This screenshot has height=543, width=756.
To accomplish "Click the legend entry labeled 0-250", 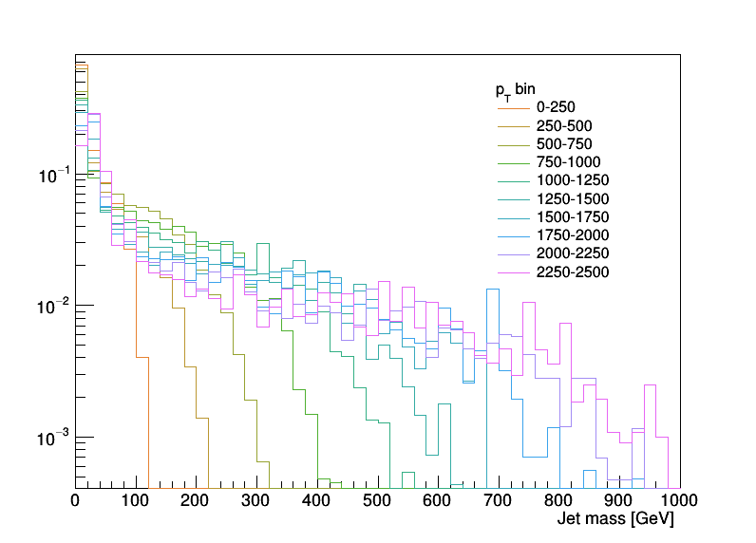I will [556, 108].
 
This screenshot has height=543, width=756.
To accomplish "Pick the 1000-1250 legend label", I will [572, 180].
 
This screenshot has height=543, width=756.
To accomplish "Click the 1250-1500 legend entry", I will [572, 199].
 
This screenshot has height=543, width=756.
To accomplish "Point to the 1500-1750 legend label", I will [572, 217].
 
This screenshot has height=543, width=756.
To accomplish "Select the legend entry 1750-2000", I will [572, 235].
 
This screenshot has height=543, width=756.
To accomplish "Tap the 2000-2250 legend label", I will [572, 253].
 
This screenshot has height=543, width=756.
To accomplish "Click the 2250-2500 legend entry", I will [572, 271].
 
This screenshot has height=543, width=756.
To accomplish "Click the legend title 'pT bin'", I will [516, 90].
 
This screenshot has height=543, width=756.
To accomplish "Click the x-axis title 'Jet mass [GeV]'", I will [614, 520].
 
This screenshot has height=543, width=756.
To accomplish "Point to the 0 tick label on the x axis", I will [76, 501].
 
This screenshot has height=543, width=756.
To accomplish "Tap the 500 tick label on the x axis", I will [377, 501].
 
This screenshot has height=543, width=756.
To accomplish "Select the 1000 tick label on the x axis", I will [678, 501].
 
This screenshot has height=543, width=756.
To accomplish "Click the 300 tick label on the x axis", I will [256, 501].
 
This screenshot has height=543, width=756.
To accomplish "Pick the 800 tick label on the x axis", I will [558, 501].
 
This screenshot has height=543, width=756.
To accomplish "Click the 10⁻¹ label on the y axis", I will [51, 176].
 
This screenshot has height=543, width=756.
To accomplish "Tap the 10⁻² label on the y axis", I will [51, 307].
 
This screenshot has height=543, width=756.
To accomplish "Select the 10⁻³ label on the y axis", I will [51, 438].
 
